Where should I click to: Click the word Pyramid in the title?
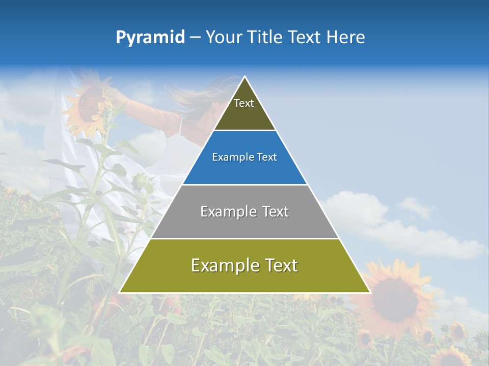150,38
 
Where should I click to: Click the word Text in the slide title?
306,38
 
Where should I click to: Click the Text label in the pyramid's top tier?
244,103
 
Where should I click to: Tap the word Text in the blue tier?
267,158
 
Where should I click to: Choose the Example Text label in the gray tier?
244,211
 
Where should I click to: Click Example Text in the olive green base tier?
244,265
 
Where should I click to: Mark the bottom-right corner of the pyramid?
369,292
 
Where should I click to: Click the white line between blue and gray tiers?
244,185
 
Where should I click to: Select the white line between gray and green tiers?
244,238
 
